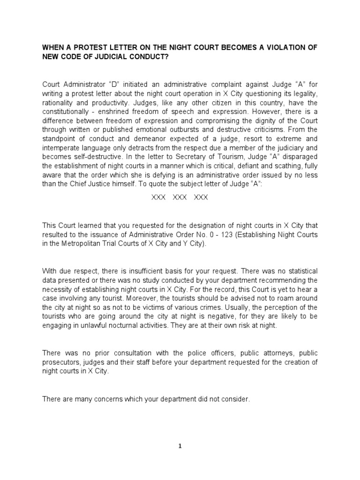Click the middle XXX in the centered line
[180, 197]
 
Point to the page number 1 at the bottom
[180, 445]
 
